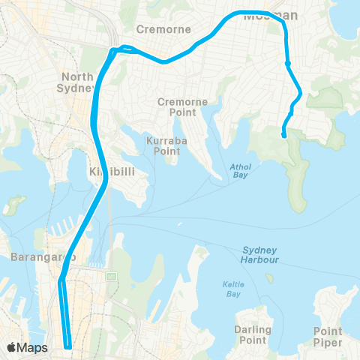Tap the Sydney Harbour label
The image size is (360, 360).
tap(261, 254)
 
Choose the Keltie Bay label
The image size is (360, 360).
tap(229, 288)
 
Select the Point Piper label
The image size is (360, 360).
tap(328, 335)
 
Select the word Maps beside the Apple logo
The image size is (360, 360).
tap(33, 347)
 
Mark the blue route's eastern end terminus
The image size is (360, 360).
tap(283, 136)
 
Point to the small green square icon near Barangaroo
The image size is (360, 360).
tap(112, 276)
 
